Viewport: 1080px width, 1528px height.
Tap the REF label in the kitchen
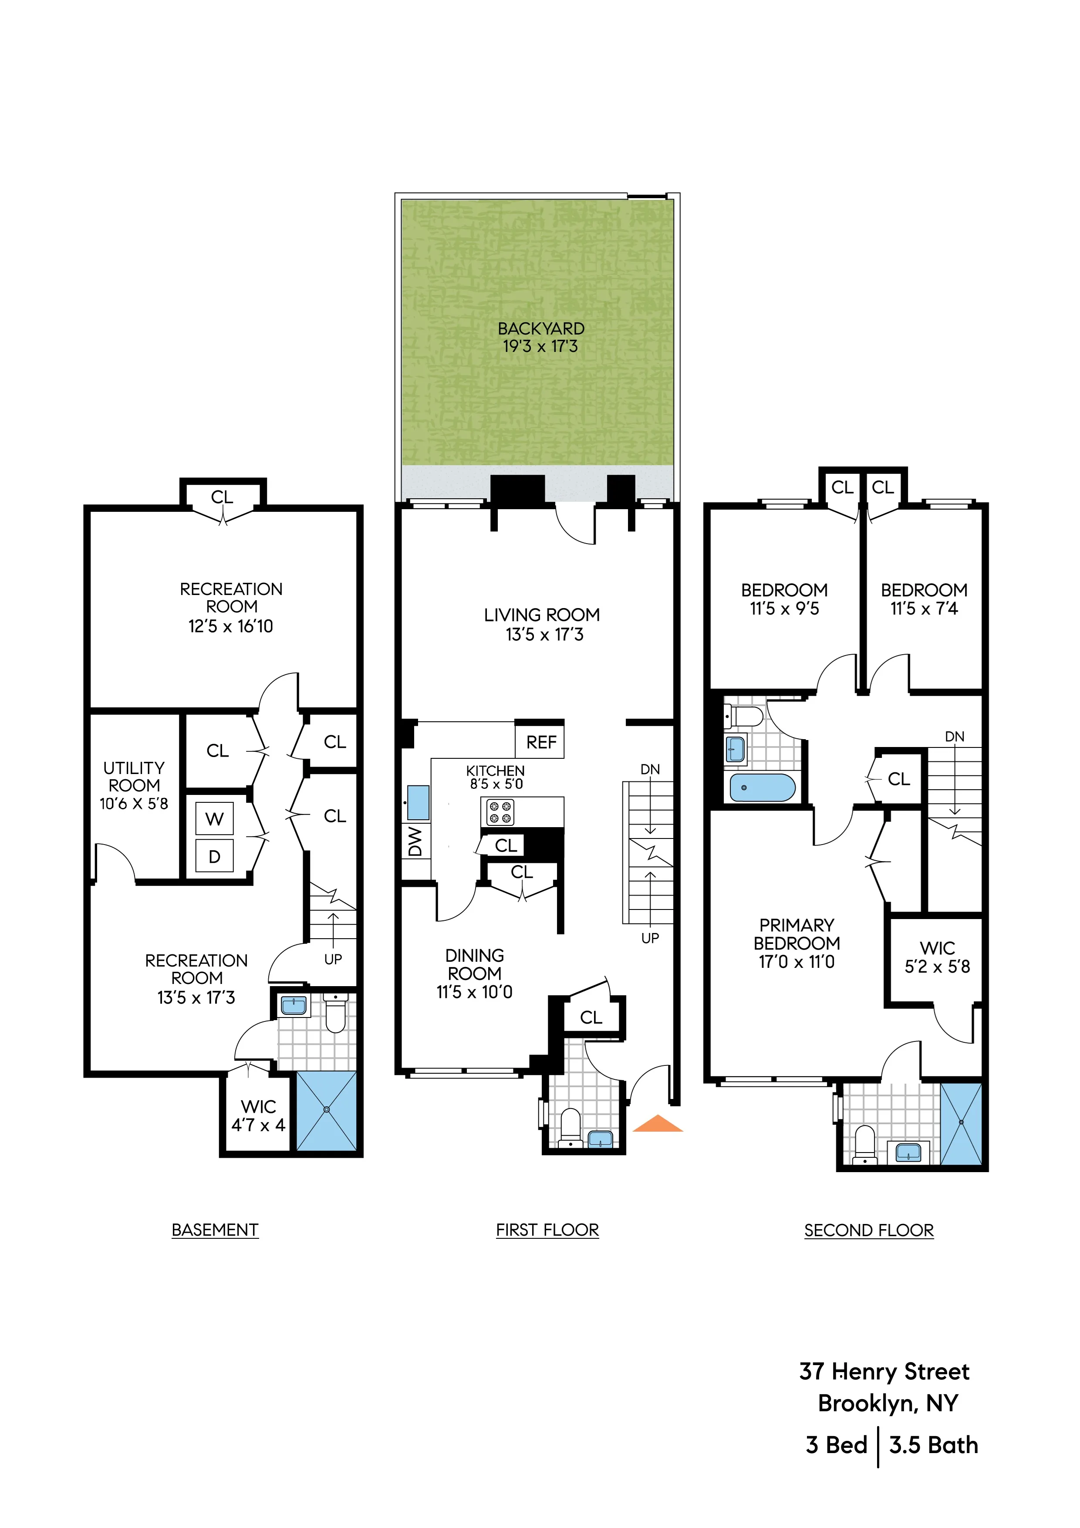(x=540, y=742)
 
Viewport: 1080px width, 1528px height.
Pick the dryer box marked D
(x=214, y=856)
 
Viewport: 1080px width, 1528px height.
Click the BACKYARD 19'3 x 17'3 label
(x=540, y=338)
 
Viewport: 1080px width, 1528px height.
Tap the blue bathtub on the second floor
(x=762, y=788)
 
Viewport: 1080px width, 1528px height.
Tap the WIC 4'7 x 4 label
(x=258, y=1116)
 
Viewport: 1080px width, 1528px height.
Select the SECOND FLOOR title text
(x=868, y=1231)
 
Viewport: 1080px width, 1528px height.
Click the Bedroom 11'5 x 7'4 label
(x=924, y=599)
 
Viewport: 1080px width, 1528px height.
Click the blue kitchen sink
(x=418, y=803)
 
